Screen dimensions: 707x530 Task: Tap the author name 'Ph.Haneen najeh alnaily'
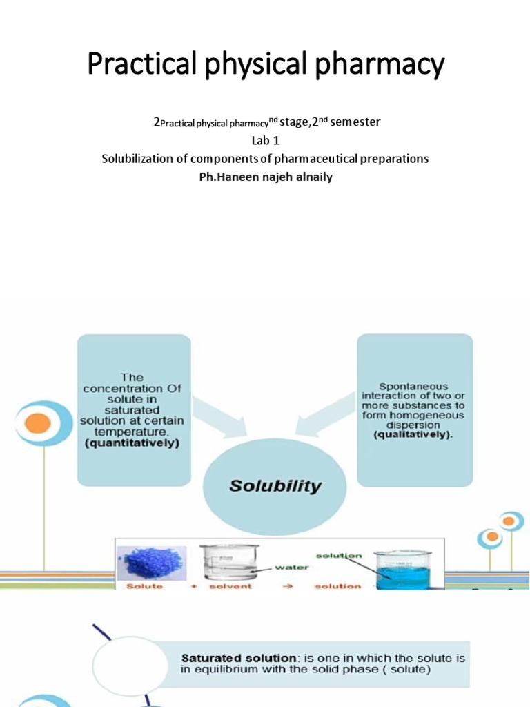[265, 177]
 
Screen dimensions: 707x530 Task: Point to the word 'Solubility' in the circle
[275, 485]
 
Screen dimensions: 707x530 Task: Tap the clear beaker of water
[228, 562]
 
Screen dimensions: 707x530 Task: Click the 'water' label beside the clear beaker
[291, 568]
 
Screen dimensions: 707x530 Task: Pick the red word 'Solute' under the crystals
[144, 586]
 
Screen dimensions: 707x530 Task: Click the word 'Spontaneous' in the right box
[413, 387]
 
